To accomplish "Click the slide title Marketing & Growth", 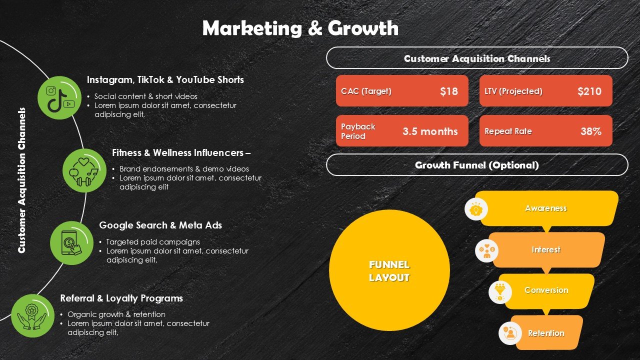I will point(300,28).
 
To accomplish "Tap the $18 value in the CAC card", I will point(448,91).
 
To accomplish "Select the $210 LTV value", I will point(589,91).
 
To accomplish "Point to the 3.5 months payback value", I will point(430,131).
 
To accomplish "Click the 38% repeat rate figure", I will point(590,131).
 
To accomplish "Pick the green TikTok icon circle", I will point(59,97).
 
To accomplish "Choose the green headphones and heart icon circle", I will point(84,170).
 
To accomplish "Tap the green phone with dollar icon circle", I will point(71,243).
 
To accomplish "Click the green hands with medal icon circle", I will point(32,315).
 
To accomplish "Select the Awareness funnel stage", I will point(546,208).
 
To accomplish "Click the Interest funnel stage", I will point(546,249).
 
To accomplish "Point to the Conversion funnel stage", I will point(546,290).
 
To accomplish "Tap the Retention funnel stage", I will point(546,333).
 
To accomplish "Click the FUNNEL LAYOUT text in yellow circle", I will point(389,271).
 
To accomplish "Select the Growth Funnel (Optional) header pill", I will point(476,165).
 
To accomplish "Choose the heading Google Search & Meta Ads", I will point(160,225).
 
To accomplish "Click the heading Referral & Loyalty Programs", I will point(121,298).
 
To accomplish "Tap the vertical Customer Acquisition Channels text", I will point(21,180).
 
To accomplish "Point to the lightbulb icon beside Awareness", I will point(476,209).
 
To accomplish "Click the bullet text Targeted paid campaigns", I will point(153,241).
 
